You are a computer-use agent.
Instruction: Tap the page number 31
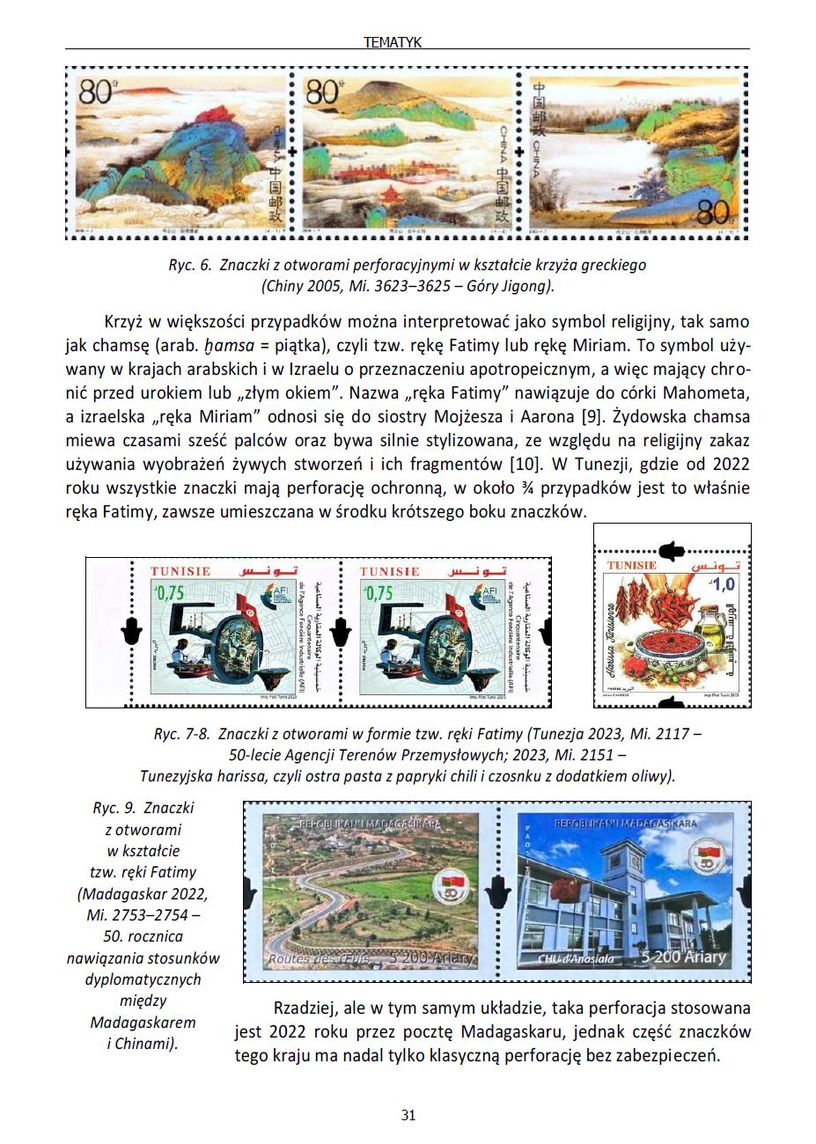tap(408, 1116)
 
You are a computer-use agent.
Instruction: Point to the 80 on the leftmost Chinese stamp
tap(95, 92)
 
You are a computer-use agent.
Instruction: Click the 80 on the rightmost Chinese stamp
tap(713, 212)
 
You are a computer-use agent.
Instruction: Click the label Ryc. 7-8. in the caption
tap(181, 732)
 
